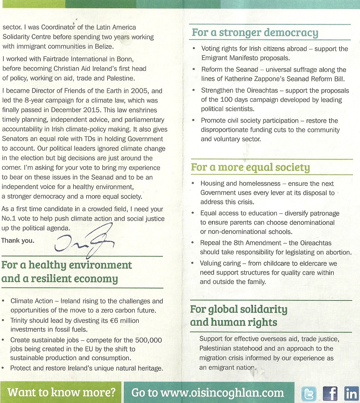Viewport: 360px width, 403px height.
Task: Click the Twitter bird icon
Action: pos(308,394)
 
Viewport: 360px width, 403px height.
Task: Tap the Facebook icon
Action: pos(330,394)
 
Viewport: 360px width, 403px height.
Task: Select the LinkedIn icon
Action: pos(351,394)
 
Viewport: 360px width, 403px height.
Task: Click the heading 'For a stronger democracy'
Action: pos(255,33)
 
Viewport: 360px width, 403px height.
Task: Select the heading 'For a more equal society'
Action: pos(250,168)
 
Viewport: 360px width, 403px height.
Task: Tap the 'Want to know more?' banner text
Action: pos(62,392)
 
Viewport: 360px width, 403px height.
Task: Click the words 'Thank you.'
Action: pos(18,240)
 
